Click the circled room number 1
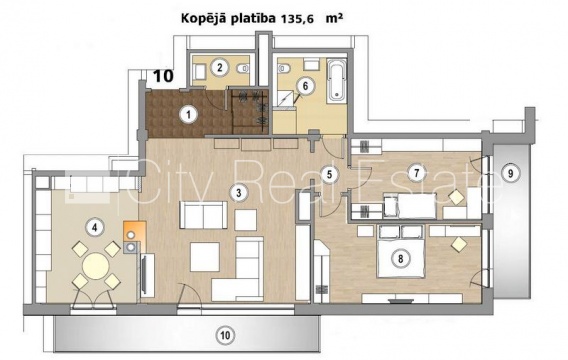click(x=188, y=115)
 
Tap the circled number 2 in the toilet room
click(x=220, y=67)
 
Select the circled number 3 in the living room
click(x=238, y=193)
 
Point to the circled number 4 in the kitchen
click(x=95, y=227)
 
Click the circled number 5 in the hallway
click(x=329, y=175)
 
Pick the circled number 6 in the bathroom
click(x=305, y=86)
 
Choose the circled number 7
click(x=416, y=173)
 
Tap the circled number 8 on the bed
click(x=400, y=259)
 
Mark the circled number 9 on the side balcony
click(x=510, y=173)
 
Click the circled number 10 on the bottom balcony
click(x=225, y=335)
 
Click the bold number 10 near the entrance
click(x=163, y=76)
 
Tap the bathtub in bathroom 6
click(x=337, y=81)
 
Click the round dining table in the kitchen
click(x=96, y=266)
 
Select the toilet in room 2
click(x=243, y=68)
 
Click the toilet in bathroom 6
click(x=284, y=68)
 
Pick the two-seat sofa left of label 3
click(x=203, y=215)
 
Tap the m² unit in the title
click(x=334, y=18)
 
